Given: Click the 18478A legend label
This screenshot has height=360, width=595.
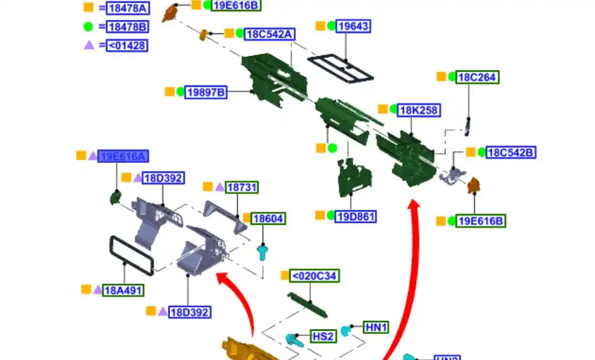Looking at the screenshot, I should (x=127, y=8).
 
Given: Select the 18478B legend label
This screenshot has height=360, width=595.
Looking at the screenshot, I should (x=127, y=27).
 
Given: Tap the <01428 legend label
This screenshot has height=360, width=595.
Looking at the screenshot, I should (x=127, y=45).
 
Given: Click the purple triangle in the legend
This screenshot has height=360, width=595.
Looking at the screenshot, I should (x=89, y=45).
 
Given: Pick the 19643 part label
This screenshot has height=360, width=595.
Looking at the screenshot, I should (x=353, y=26).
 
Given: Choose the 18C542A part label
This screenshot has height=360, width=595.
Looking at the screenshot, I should (x=270, y=34).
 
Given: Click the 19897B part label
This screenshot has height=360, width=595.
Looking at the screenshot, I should (x=206, y=92).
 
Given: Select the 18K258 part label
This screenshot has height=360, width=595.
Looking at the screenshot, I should (x=419, y=110).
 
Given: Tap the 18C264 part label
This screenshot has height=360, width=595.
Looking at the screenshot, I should (x=478, y=77).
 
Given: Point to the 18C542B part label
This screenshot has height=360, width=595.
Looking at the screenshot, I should (x=511, y=152).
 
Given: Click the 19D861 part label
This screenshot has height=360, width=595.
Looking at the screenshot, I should (x=356, y=216).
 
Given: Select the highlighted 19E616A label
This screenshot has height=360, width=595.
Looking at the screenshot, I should (x=123, y=157).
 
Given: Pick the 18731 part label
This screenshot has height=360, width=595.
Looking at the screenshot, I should (x=242, y=188).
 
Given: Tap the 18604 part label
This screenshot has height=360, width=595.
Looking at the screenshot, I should (x=268, y=218).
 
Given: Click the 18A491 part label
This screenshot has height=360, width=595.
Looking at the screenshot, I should (x=123, y=290).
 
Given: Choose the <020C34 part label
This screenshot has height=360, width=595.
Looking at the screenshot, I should (x=314, y=277).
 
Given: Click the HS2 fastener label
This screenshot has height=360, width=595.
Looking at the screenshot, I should (x=324, y=336).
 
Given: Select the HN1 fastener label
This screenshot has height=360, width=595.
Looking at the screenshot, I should (x=376, y=327).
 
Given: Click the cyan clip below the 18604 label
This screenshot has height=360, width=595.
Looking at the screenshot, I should (x=262, y=250).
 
